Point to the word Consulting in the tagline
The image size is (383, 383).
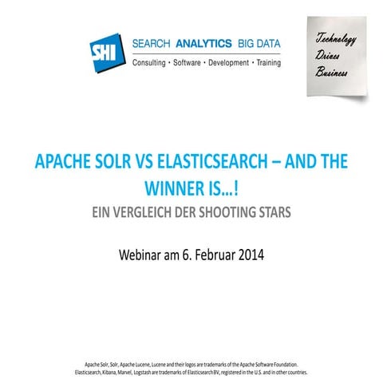click(x=149, y=61)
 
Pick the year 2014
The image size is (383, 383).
click(x=249, y=256)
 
